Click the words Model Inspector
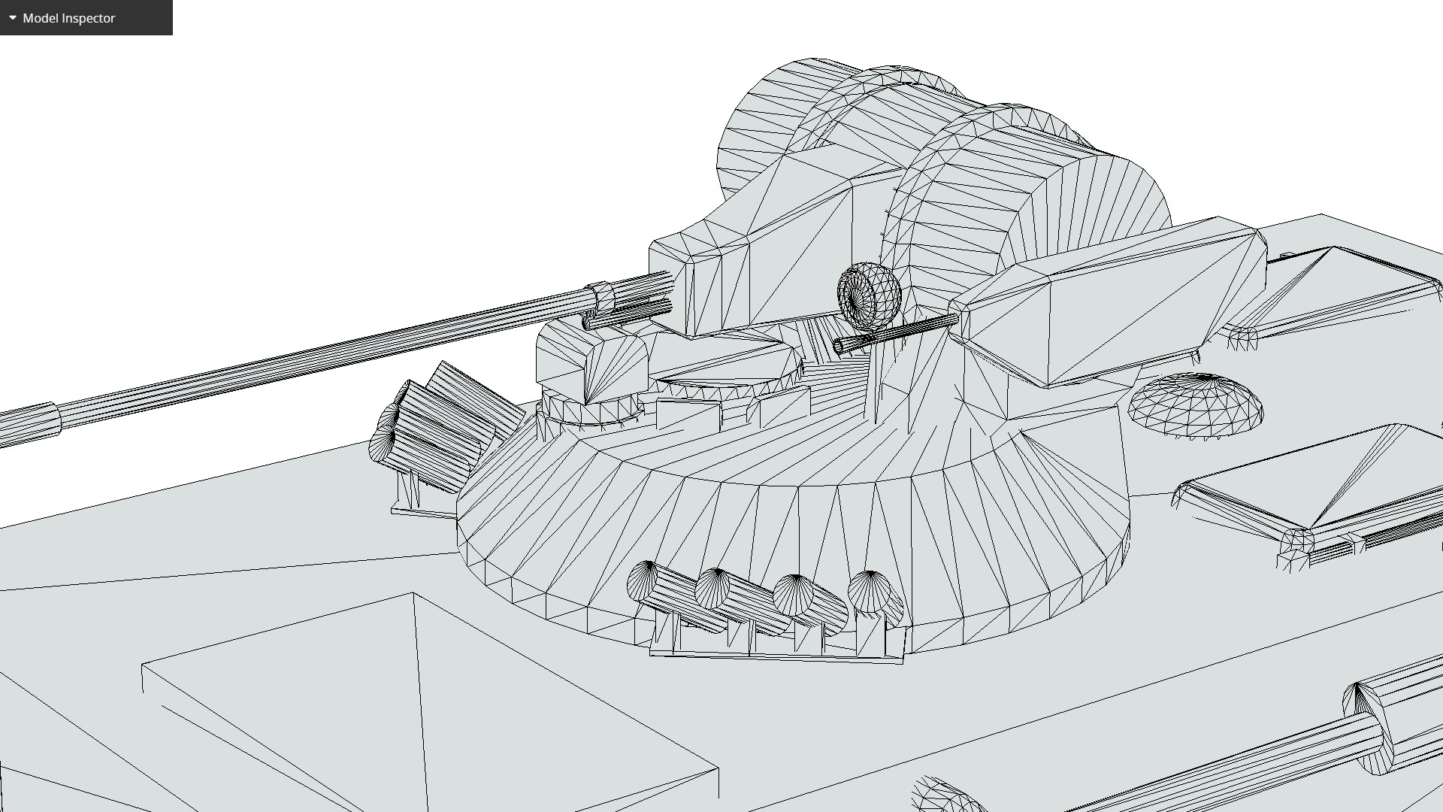pyautogui.click(x=68, y=18)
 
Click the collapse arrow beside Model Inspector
pyautogui.click(x=13, y=17)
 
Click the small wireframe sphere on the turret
pyautogui.click(x=869, y=295)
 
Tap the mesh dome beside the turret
pyautogui.click(x=1195, y=406)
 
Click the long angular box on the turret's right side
pyautogui.click(x=1112, y=301)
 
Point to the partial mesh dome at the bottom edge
pyautogui.click(x=947, y=797)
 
